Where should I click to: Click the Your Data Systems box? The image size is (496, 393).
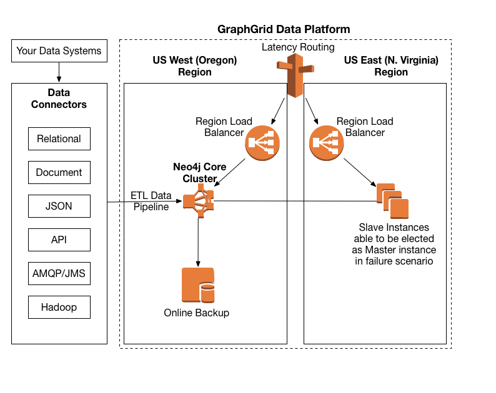[59, 51]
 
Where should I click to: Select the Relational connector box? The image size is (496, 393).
[59, 138]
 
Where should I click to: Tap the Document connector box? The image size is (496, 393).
[59, 172]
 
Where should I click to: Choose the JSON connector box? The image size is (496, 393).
[59, 206]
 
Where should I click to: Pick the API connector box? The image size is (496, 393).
[59, 240]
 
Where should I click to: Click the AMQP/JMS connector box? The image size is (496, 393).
[59, 273]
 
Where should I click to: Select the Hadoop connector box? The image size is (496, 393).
[59, 307]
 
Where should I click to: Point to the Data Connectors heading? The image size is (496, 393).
[59, 99]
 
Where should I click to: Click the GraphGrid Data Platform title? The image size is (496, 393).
[284, 29]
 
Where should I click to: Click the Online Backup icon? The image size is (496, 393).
[197, 286]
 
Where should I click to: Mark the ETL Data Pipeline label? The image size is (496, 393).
[150, 201]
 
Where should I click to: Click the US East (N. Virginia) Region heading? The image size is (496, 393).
[391, 66]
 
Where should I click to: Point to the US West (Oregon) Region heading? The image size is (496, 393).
[195, 66]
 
